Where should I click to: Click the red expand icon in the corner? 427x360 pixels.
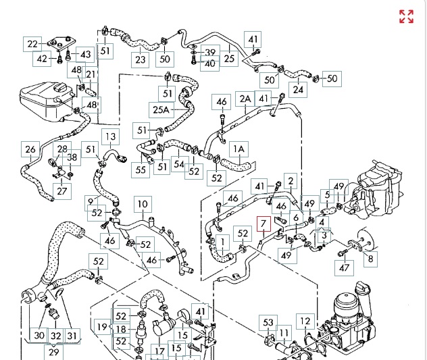tap(406, 17)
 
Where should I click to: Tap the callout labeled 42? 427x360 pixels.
tap(42, 59)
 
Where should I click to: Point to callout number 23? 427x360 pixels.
tap(140, 60)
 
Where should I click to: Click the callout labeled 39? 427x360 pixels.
tap(209, 52)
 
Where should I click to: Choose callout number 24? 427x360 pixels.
tap(298, 88)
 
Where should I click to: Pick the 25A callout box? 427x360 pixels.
tap(161, 109)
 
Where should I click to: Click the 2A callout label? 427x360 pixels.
tap(245, 99)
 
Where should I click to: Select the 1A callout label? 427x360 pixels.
tap(238, 148)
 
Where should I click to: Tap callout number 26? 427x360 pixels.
tap(30, 149)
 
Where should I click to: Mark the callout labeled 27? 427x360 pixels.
tap(63, 191)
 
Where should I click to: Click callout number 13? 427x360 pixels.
tap(110, 136)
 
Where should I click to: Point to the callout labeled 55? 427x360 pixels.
tap(141, 170)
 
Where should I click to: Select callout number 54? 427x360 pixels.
tap(179, 163)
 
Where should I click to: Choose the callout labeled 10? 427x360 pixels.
tap(142, 204)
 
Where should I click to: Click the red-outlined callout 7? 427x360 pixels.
tap(264, 224)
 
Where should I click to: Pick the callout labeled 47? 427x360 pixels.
tap(345, 268)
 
